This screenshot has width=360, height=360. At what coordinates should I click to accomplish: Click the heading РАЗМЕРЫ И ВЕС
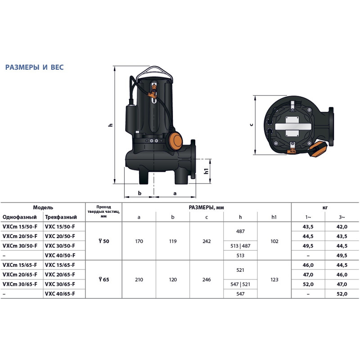[x=34, y=67]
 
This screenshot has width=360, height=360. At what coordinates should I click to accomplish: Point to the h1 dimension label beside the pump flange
[x=206, y=171]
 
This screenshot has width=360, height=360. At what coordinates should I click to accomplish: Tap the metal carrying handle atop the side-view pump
[x=155, y=71]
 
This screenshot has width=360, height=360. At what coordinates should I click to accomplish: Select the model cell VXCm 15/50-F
[x=20, y=227]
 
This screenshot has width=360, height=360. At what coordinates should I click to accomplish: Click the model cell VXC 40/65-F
[x=60, y=294]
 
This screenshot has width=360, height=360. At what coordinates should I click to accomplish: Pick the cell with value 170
[x=139, y=241]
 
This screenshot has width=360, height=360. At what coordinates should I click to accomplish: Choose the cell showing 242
[x=207, y=241]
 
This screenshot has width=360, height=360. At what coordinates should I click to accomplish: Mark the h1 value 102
[x=274, y=241]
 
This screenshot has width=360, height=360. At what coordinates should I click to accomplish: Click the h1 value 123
[x=274, y=279]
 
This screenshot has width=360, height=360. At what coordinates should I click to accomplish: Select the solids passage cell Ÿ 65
[x=103, y=279]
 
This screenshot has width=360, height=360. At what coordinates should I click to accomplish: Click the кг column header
[x=325, y=208]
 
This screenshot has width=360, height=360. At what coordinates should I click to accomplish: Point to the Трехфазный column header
[x=59, y=217]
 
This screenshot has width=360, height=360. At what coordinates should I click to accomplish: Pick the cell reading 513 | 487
[x=240, y=246]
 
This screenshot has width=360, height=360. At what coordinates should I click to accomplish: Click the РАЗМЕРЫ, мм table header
[x=207, y=208]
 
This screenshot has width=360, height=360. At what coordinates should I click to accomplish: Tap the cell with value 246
[x=207, y=279]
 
